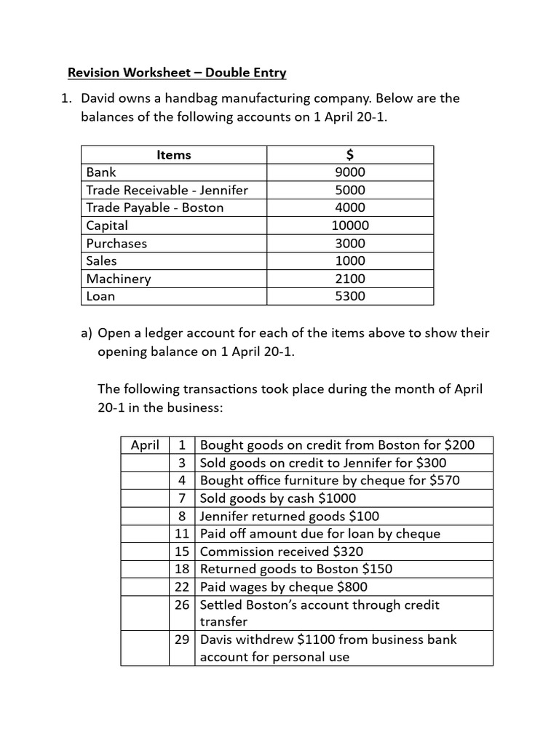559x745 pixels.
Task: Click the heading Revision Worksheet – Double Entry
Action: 177,73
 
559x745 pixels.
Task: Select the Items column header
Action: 174,154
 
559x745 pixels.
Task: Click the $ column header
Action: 350,154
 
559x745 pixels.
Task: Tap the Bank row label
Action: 101,172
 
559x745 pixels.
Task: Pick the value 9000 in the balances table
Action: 350,172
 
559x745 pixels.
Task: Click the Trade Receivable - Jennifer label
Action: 167,190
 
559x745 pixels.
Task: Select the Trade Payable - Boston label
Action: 155,207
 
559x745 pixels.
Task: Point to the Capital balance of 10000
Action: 350,226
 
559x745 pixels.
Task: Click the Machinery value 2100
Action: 350,279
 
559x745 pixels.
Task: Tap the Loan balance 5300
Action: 350,296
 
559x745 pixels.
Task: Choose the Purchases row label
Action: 116,243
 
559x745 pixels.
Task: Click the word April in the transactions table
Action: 145,445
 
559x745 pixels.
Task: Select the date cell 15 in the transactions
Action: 182,551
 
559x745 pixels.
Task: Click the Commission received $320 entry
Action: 282,551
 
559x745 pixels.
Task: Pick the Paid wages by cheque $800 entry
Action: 284,586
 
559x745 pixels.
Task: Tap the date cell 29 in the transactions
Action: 182,640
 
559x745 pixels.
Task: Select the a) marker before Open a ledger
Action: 87,333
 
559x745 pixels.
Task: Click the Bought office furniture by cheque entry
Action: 330,480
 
